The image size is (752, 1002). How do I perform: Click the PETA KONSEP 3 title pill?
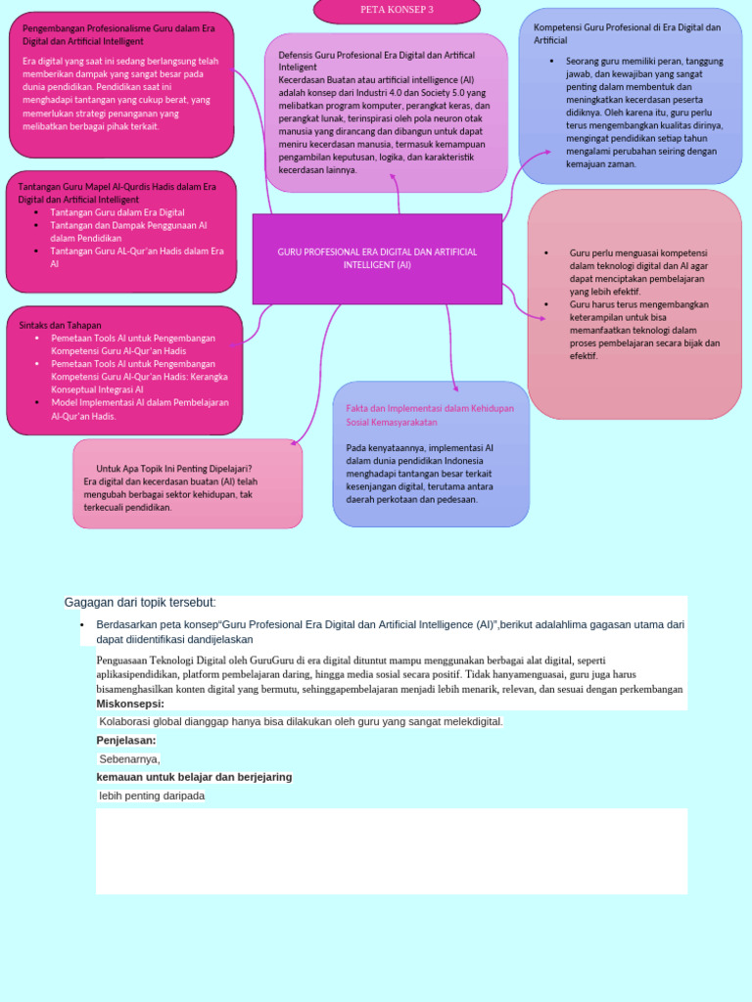pyautogui.click(x=396, y=11)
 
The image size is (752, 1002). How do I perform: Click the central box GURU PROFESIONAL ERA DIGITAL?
pyautogui.click(x=377, y=258)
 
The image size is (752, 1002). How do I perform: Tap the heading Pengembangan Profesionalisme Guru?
pyautogui.click(x=118, y=34)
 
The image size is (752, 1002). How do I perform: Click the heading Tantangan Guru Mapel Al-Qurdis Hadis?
pyautogui.click(x=117, y=192)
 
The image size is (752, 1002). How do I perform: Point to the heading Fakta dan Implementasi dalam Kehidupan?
pyautogui.click(x=430, y=414)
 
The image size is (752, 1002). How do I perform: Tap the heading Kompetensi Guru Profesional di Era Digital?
pyautogui.click(x=627, y=33)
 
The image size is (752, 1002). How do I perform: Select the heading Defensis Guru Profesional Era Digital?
pyautogui.click(x=376, y=61)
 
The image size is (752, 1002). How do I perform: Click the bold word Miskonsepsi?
pyautogui.click(x=130, y=704)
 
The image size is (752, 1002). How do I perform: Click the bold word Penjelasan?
pyautogui.click(x=126, y=740)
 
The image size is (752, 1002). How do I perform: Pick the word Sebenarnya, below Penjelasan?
pyautogui.click(x=129, y=758)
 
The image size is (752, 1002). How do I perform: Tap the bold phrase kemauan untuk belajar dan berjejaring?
pyautogui.click(x=194, y=777)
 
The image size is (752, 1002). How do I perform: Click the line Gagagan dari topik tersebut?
pyautogui.click(x=140, y=602)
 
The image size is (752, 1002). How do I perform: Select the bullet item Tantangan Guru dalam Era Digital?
pyautogui.click(x=117, y=212)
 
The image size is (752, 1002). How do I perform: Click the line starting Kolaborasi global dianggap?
pyautogui.click(x=301, y=722)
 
